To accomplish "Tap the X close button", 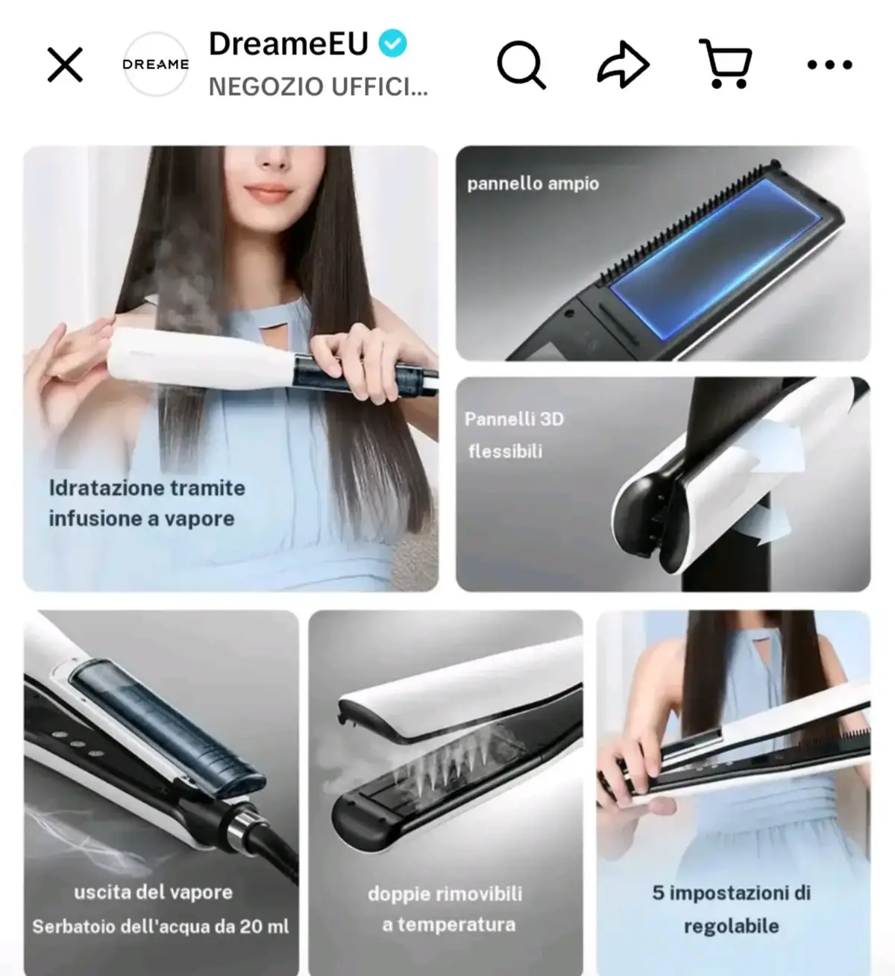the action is click(x=65, y=64).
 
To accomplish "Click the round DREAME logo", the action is click(x=156, y=64).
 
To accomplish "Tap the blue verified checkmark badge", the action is click(x=392, y=43).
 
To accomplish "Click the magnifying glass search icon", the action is click(x=521, y=65).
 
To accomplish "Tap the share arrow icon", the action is click(x=623, y=65).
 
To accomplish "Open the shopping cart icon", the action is click(x=726, y=63).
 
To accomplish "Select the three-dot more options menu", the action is click(x=829, y=65).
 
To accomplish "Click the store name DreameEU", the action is click(x=289, y=43).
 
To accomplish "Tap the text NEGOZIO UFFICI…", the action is click(x=318, y=87).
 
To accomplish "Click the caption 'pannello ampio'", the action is click(x=533, y=184).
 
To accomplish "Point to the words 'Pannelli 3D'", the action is click(x=514, y=419).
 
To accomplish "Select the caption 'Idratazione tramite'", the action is click(x=147, y=488).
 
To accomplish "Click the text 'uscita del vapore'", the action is click(x=153, y=892).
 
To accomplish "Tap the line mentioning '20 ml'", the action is click(x=160, y=926).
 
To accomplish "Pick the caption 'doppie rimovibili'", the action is click(x=445, y=894).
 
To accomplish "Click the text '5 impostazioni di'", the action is click(x=732, y=893).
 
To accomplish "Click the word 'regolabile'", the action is click(x=732, y=926).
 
